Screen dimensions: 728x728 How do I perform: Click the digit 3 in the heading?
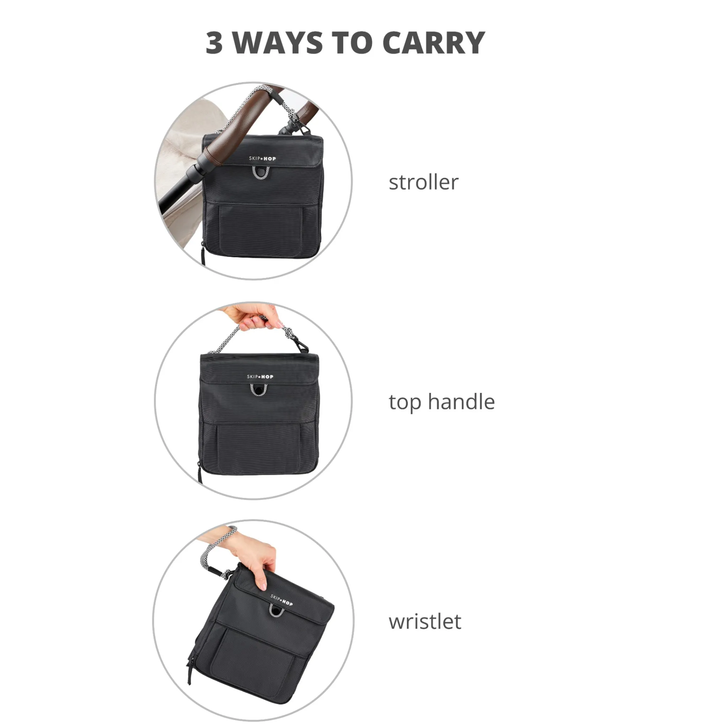click(x=214, y=43)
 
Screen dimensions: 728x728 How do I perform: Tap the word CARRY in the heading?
click(x=433, y=43)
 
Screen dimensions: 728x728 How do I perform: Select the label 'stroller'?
click(x=423, y=182)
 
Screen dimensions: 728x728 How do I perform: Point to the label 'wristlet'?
click(x=425, y=621)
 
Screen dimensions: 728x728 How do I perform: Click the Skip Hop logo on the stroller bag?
click(x=262, y=159)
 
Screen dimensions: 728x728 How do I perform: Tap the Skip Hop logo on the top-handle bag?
click(x=260, y=376)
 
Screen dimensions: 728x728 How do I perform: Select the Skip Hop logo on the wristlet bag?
click(x=282, y=600)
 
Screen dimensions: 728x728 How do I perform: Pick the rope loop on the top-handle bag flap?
click(x=258, y=390)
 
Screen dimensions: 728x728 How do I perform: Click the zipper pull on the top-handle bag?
click(x=200, y=472)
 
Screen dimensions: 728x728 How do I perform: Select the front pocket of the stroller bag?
click(x=261, y=230)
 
